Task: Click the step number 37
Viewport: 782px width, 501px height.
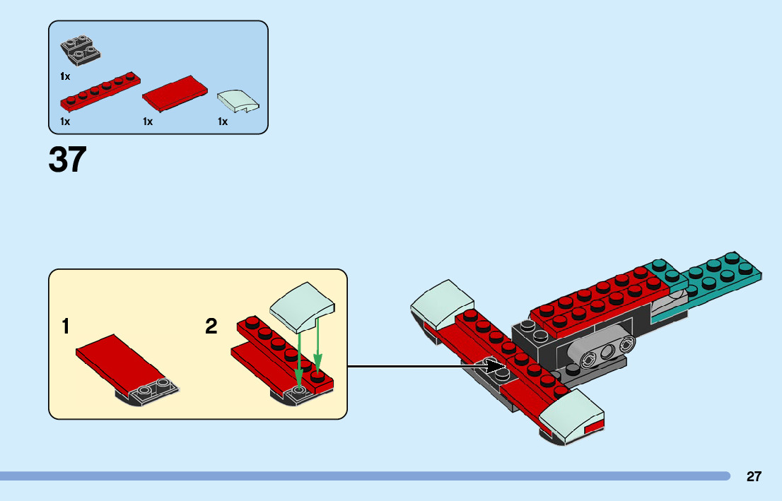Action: [67, 160]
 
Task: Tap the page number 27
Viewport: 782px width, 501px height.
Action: [754, 476]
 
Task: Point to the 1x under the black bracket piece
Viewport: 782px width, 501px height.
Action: [65, 76]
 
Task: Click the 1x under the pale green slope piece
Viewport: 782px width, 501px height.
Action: [223, 122]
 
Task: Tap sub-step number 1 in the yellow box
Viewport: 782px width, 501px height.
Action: [66, 327]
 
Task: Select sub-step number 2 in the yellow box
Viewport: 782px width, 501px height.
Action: [211, 327]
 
